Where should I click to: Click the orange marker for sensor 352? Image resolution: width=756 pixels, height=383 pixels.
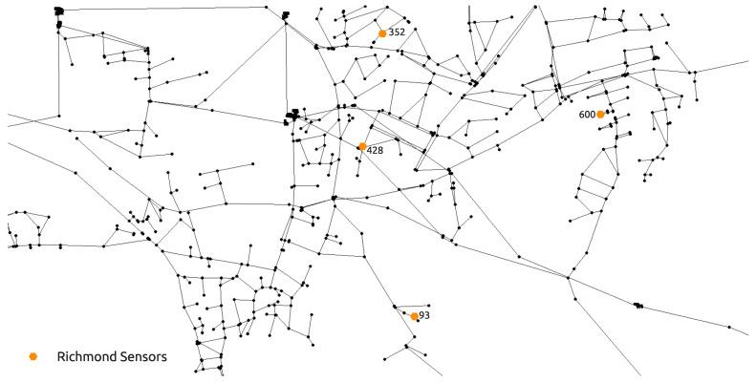click(x=382, y=33)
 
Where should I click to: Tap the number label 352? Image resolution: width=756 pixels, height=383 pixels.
click(x=398, y=32)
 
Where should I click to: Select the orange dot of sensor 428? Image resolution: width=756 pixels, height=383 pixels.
click(x=362, y=147)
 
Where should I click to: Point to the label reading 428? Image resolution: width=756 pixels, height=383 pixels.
click(x=376, y=151)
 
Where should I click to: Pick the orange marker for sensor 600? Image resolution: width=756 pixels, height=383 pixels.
click(x=600, y=115)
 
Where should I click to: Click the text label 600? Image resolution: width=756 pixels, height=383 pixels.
click(x=587, y=115)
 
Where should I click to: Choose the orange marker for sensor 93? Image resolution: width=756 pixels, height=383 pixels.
click(x=414, y=316)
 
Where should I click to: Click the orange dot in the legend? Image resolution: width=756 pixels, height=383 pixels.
click(x=33, y=356)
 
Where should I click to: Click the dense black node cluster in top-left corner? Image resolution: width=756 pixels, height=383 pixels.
click(x=61, y=12)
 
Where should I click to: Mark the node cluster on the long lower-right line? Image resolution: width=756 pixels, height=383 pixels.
click(x=638, y=306)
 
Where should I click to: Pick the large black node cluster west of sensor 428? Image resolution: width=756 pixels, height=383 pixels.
click(x=292, y=117)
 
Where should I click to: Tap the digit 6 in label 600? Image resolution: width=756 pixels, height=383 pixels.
click(x=582, y=115)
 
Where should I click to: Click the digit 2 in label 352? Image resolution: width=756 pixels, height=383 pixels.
click(x=402, y=32)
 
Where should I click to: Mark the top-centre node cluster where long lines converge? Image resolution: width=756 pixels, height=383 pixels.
click(x=286, y=16)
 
